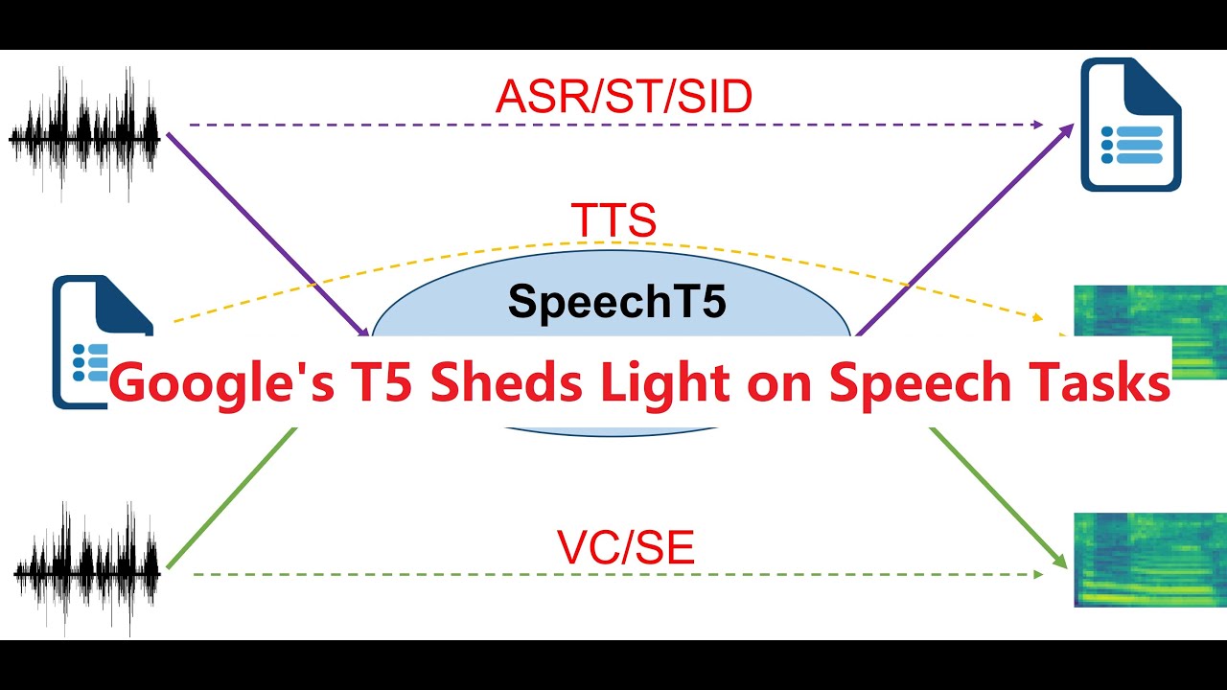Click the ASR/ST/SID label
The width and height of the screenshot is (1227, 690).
(x=623, y=97)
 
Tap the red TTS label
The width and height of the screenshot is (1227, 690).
(x=613, y=220)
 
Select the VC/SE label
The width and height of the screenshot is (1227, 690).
(x=626, y=547)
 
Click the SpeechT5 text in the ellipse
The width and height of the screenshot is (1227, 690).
(x=617, y=301)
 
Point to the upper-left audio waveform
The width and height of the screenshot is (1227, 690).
(x=84, y=134)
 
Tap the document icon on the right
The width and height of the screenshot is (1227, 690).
(x=1130, y=125)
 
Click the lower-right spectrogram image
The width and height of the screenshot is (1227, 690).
(x=1149, y=560)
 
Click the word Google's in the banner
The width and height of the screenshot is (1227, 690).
(x=221, y=385)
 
